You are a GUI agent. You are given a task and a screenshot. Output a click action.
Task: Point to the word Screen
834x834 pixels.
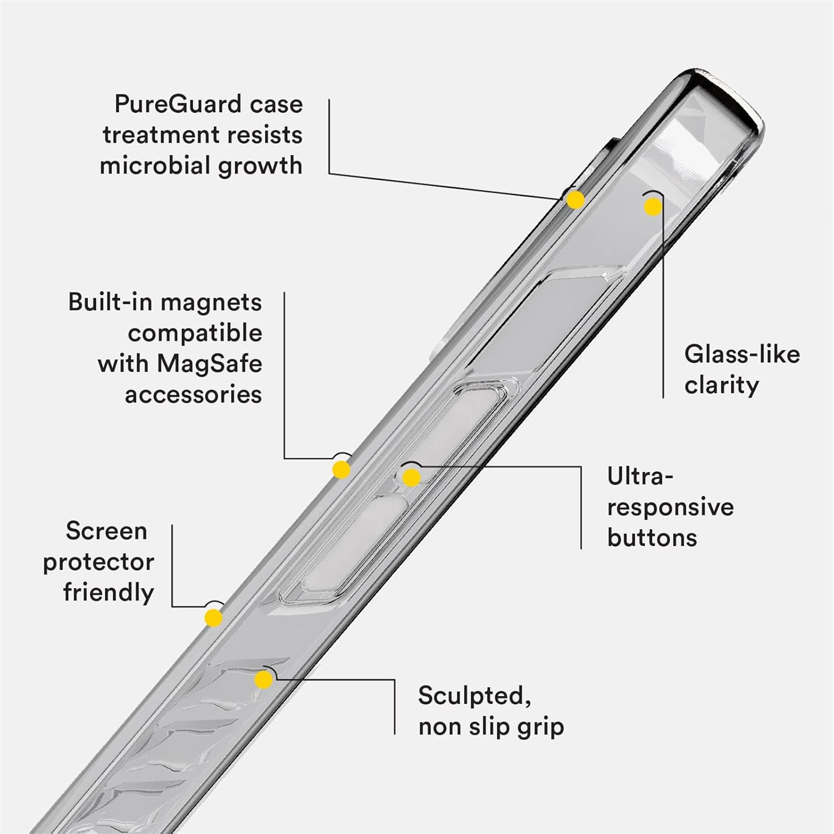point(107,531)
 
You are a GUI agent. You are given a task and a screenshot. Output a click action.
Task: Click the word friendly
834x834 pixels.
point(108,593)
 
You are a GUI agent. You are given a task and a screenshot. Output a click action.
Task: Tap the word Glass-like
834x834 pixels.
point(742,354)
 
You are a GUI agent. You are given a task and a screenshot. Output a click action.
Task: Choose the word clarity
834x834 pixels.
point(721,386)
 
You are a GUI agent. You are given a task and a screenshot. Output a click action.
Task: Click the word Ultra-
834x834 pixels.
point(640,476)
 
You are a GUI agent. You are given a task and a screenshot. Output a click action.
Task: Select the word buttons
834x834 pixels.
point(652,537)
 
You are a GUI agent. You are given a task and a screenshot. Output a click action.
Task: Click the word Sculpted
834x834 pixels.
point(474,696)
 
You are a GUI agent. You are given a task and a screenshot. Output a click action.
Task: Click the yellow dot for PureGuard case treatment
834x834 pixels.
point(575,200)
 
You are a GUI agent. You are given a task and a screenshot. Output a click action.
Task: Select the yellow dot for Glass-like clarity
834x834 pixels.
point(653,207)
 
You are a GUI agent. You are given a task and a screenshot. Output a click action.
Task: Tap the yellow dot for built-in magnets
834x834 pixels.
point(341,470)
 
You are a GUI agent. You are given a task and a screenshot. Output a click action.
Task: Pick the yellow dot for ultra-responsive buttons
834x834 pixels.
point(411,477)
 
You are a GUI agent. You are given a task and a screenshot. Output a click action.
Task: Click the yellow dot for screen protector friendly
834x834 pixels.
point(214,618)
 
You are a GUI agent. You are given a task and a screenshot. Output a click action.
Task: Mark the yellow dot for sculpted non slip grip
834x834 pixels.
point(264,680)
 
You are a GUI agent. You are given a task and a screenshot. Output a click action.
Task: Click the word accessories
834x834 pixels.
point(193,395)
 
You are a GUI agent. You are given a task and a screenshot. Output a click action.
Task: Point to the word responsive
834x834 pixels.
point(670,507)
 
